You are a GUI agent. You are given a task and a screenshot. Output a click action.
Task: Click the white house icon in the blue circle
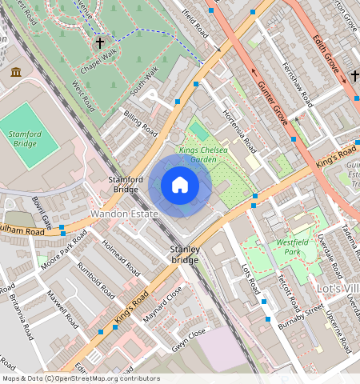[180, 186]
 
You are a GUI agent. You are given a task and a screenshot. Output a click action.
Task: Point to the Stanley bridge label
[184, 255]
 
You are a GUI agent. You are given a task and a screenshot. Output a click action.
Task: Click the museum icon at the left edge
[16, 73]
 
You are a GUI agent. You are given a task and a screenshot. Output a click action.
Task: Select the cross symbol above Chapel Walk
[100, 42]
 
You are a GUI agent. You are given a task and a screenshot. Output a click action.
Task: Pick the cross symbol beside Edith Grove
[354, 76]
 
